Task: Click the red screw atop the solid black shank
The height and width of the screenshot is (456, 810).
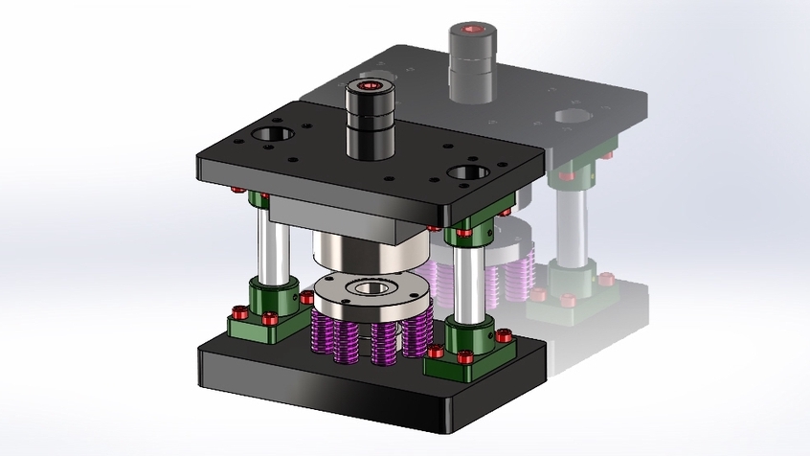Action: coord(369,87)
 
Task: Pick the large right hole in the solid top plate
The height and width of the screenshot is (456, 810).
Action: coord(468,174)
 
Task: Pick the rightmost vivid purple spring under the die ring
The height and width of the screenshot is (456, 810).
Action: coord(417,331)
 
